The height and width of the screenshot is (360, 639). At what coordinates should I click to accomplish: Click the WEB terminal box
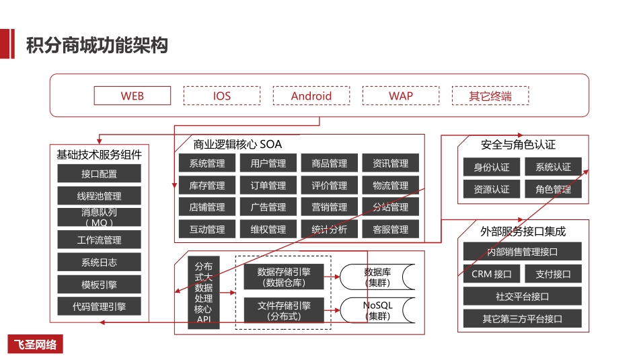pyautogui.click(x=133, y=96)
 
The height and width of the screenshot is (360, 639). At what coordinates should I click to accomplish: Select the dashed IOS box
pyautogui.click(x=222, y=96)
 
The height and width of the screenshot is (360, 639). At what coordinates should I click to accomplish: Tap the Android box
pyautogui.click(x=311, y=96)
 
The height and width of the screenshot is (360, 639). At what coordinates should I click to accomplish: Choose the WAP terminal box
pyautogui.click(x=401, y=96)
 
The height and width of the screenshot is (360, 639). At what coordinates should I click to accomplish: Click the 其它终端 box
pyautogui.click(x=490, y=96)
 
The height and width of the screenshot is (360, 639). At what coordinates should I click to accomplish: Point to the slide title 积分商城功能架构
pyautogui.click(x=97, y=46)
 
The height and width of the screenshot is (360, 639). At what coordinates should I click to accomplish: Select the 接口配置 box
pyautogui.click(x=99, y=174)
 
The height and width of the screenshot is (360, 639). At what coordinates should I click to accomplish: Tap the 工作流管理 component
pyautogui.click(x=99, y=240)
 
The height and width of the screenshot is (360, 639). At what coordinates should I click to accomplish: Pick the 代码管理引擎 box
pyautogui.click(x=99, y=306)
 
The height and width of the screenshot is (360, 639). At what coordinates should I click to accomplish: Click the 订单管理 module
pyautogui.click(x=268, y=185)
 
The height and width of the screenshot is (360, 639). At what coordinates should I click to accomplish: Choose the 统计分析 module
pyautogui.click(x=329, y=229)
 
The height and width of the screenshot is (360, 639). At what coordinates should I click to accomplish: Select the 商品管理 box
pyautogui.click(x=329, y=163)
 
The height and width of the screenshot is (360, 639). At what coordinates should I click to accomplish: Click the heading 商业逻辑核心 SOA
pyautogui.click(x=237, y=144)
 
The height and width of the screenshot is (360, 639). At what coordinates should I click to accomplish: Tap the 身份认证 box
pyautogui.click(x=492, y=167)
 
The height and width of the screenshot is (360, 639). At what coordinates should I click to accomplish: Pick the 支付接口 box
pyautogui.click(x=553, y=274)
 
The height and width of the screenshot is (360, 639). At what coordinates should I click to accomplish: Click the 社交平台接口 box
pyautogui.click(x=522, y=296)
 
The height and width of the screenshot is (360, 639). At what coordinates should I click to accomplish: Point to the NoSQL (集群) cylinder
pyautogui.click(x=377, y=310)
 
